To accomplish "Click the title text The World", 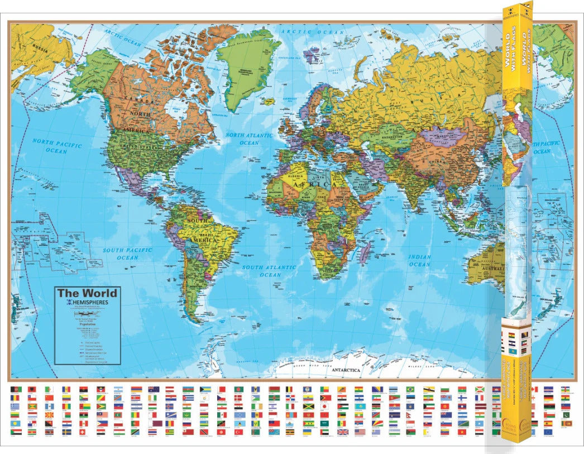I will point(87,293).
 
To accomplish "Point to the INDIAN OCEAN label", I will point(419,261).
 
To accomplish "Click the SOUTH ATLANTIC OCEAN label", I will point(269,271).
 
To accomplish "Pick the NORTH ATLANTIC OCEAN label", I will point(249,139).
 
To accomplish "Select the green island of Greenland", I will point(246,67).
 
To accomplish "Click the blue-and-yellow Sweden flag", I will point(66,432).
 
